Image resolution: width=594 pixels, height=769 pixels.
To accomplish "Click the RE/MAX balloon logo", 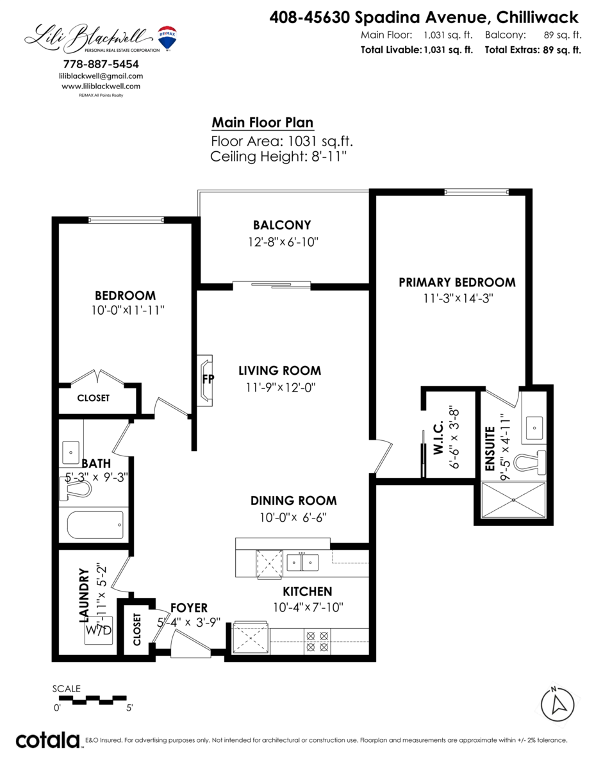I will coord(167,38).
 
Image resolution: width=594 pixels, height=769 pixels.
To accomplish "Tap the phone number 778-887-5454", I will coord(101,64).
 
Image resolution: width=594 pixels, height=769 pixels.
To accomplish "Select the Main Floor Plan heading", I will coord(263,122).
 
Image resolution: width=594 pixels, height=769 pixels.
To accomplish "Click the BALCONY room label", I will coord(282,225).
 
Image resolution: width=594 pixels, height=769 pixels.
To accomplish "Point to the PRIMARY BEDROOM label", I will coord(457,283).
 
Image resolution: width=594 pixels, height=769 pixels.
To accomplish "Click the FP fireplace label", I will coord(208,379).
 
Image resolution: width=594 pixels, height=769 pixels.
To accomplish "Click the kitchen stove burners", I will coord(318,641).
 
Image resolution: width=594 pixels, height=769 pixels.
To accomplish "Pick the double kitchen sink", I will coord(302,562).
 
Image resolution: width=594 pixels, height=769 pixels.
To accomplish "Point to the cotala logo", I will coord(47,741).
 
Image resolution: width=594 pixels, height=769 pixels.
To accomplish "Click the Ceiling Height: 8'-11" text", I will coord(278,156).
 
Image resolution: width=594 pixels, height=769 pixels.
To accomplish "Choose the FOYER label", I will coord(189,608).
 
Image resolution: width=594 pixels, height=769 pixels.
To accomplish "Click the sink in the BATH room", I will coord(70,451).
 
